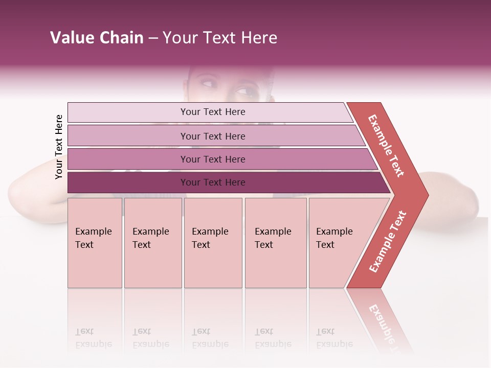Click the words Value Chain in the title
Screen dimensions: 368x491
pos(97,38)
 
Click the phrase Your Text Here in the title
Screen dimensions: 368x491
pos(220,38)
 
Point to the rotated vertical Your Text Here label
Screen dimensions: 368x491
pos(59,147)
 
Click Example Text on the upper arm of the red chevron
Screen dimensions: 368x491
pos(386,146)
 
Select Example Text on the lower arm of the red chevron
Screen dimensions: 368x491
pos(388,242)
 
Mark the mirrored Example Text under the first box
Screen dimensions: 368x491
pos(93,338)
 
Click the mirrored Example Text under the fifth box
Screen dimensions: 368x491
pos(334,338)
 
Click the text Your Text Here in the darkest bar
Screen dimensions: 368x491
pos(213,182)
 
